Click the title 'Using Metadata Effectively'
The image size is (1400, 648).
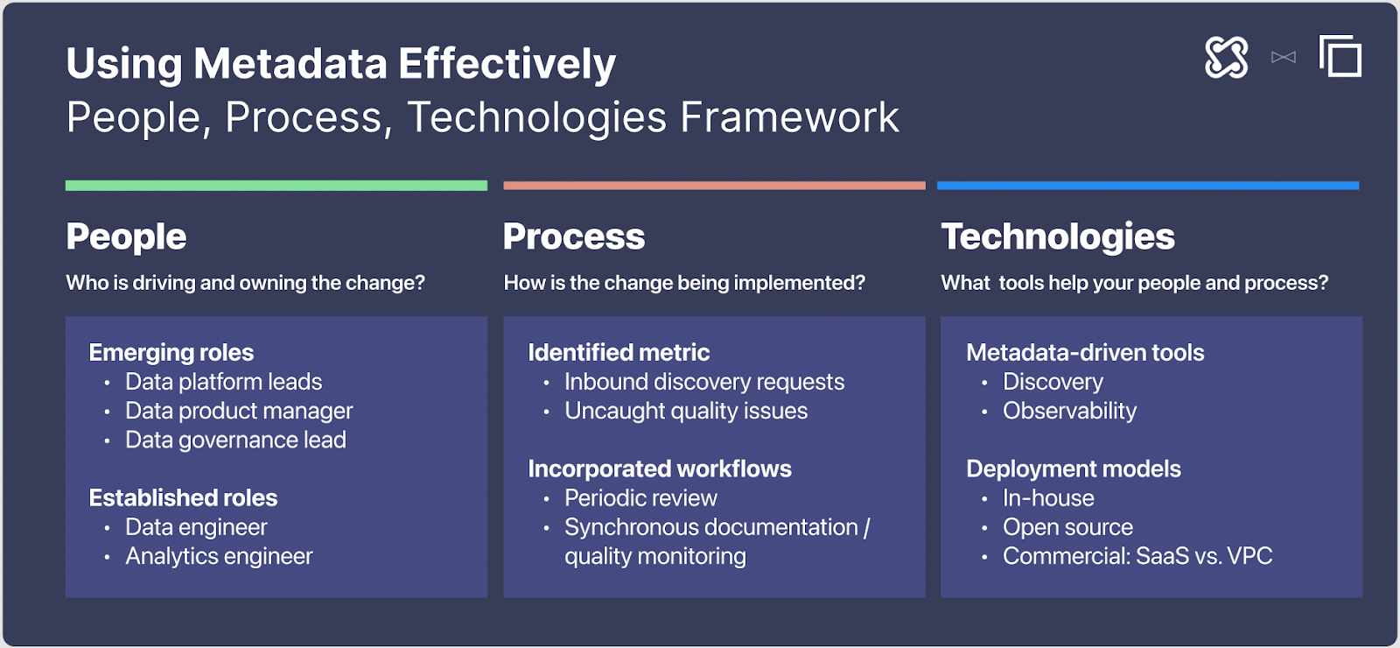click(341, 64)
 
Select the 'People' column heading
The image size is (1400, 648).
click(126, 236)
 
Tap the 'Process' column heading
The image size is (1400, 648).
click(574, 236)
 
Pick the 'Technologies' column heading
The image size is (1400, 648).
click(1058, 237)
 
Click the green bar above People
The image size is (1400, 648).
click(276, 186)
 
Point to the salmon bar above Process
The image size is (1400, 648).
click(714, 186)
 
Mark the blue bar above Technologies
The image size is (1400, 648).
click(1148, 186)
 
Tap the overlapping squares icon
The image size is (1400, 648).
click(1340, 56)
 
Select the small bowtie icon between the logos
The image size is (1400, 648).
click(1284, 58)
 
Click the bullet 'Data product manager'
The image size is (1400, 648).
click(239, 411)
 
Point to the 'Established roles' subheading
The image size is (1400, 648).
click(183, 498)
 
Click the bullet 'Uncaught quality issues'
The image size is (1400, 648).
click(686, 411)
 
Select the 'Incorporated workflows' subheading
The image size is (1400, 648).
click(660, 469)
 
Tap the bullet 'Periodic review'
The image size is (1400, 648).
click(640, 498)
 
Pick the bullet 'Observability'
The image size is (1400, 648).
click(1069, 412)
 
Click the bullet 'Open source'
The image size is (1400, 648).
click(1067, 527)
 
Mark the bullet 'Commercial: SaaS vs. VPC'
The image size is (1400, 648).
click(1137, 556)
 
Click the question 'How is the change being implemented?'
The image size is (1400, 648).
click(684, 283)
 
